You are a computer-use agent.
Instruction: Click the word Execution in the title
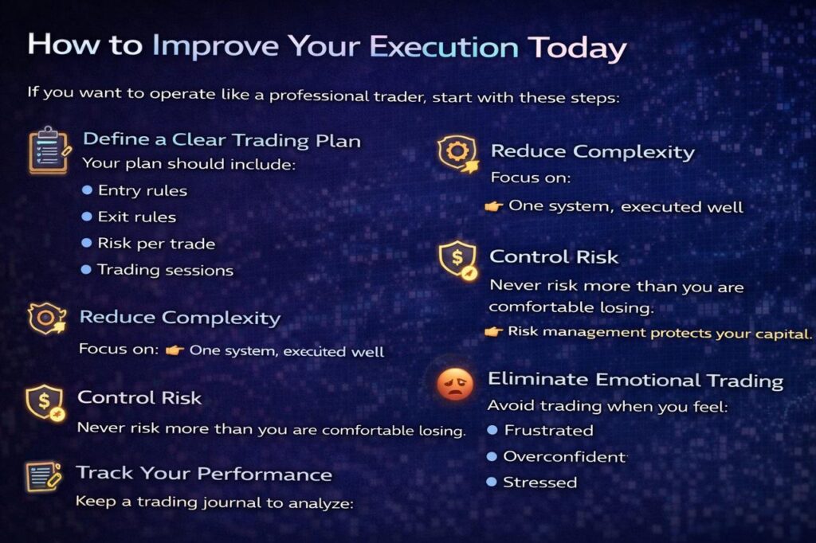444,47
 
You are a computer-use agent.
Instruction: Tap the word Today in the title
577,49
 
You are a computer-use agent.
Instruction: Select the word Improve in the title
215,46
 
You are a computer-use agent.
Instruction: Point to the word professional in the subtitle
318,96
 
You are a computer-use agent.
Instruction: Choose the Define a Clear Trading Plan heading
222,140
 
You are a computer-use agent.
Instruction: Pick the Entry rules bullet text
143,190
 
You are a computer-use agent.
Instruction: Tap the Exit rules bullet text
137,217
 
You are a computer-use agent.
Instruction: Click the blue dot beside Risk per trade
87,243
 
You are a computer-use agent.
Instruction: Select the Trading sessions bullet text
166,269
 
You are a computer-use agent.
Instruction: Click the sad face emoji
455,384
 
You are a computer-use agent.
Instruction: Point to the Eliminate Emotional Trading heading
635,380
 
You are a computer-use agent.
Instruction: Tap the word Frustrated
548,430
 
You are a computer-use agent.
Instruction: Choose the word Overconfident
565,456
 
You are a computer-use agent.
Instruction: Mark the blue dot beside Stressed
491,482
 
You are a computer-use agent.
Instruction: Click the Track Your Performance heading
204,473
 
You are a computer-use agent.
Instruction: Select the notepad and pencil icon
44,476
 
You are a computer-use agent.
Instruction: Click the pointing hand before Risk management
493,331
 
